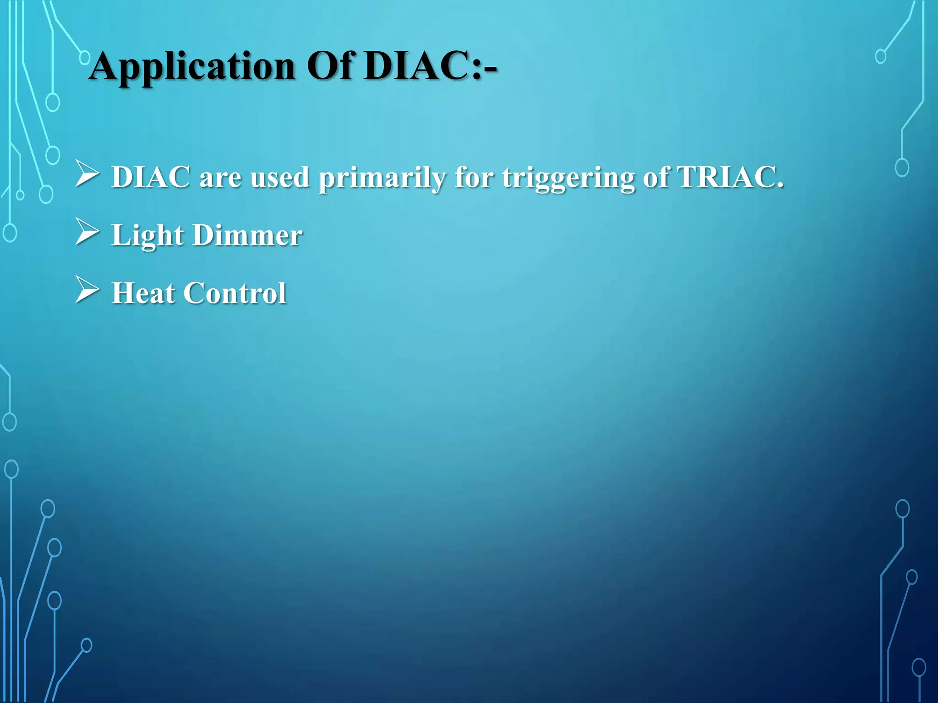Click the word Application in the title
192,67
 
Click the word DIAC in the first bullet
151,177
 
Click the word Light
147,236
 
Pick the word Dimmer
247,235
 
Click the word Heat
143,293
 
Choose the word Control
234,293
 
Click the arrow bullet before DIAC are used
87,174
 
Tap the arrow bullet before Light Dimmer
87,232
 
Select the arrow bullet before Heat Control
87,290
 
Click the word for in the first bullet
474,177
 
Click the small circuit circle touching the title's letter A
85,57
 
